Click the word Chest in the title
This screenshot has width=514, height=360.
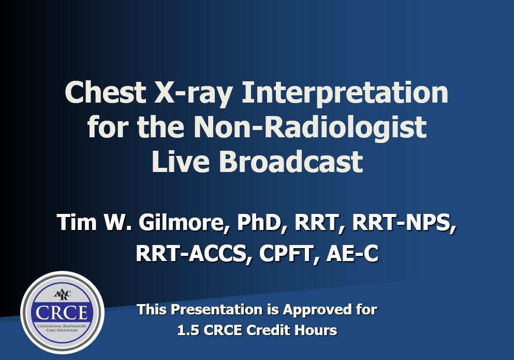click(106, 92)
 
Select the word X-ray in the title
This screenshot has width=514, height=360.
click(194, 94)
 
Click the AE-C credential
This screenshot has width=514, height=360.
click(353, 254)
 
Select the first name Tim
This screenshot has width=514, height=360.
click(77, 223)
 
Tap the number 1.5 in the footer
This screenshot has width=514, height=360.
click(188, 330)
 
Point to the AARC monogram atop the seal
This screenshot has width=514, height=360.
click(62, 294)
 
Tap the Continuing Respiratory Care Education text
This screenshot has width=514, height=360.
click(62, 328)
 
